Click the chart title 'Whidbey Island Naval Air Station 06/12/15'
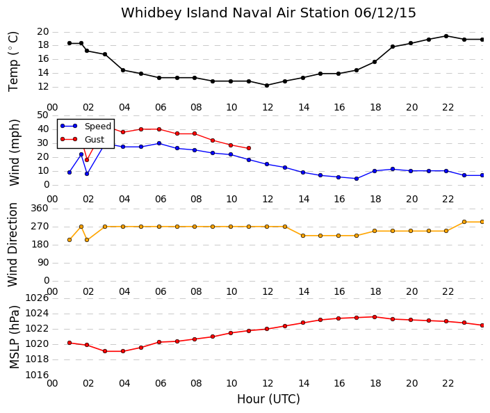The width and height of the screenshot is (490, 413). [x=268, y=13]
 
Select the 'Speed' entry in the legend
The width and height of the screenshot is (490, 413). [x=98, y=127]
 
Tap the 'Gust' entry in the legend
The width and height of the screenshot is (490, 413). [x=95, y=140]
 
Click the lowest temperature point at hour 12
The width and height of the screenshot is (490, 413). [x=267, y=86]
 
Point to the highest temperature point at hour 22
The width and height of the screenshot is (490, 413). [x=446, y=36]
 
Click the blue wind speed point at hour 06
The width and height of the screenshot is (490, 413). [x=159, y=143]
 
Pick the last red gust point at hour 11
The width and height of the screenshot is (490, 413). [x=249, y=148]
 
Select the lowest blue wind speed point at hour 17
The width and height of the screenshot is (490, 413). [x=357, y=179]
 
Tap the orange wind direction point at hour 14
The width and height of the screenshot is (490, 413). [x=303, y=236]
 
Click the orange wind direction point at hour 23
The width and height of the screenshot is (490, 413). [x=464, y=222]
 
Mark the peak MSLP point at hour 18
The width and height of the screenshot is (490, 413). [x=375, y=317]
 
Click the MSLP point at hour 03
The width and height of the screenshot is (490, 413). [x=105, y=351]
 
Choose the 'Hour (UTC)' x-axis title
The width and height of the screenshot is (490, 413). [x=268, y=399]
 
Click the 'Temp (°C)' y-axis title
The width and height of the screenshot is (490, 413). [x=13, y=62]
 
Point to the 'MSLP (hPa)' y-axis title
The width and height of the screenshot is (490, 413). [x=14, y=337]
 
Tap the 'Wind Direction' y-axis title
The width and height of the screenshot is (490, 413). [x=13, y=245]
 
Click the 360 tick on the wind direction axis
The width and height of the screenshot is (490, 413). [x=40, y=208]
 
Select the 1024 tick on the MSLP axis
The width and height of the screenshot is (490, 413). [x=37, y=314]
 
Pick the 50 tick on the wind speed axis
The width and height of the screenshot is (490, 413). [x=42, y=115]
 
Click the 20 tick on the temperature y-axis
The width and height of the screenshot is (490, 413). [x=43, y=31]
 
